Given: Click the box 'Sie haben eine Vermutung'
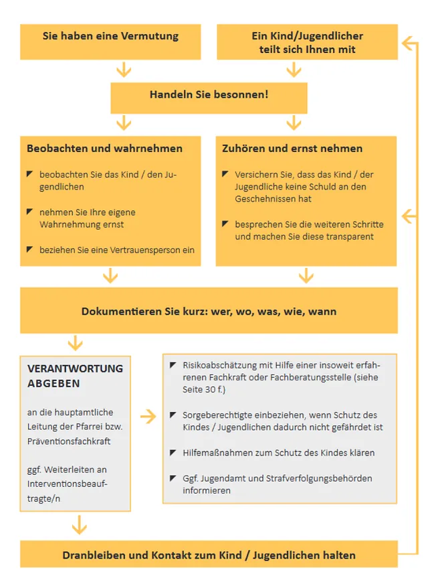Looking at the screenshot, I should pyautogui.click(x=110, y=36).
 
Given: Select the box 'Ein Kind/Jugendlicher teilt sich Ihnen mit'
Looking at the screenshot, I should pyautogui.click(x=307, y=42).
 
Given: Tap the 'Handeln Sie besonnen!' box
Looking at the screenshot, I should pyautogui.click(x=209, y=94).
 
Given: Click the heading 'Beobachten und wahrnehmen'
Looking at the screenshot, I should pyautogui.click(x=104, y=148).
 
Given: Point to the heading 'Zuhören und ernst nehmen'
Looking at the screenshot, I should pyautogui.click(x=292, y=148).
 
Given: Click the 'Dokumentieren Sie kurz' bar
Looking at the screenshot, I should pyautogui.click(x=209, y=311).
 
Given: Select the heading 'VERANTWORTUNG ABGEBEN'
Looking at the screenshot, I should pyautogui.click(x=75, y=376).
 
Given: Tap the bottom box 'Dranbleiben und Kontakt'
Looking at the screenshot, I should pyautogui.click(x=209, y=555).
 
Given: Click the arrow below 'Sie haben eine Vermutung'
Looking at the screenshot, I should pyautogui.click(x=123, y=70).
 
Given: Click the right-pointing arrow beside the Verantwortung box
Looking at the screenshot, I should pyautogui.click(x=148, y=417).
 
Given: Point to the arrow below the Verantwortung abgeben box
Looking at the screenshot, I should pyautogui.click(x=79, y=524).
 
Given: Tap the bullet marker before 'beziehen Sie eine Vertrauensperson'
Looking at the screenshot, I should pyautogui.click(x=29, y=249).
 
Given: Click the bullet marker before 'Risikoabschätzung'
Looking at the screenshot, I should pyautogui.click(x=173, y=364).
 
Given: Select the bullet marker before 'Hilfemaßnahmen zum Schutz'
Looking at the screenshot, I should pyautogui.click(x=173, y=453).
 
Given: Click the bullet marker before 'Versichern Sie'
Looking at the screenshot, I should pyautogui.click(x=225, y=174).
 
